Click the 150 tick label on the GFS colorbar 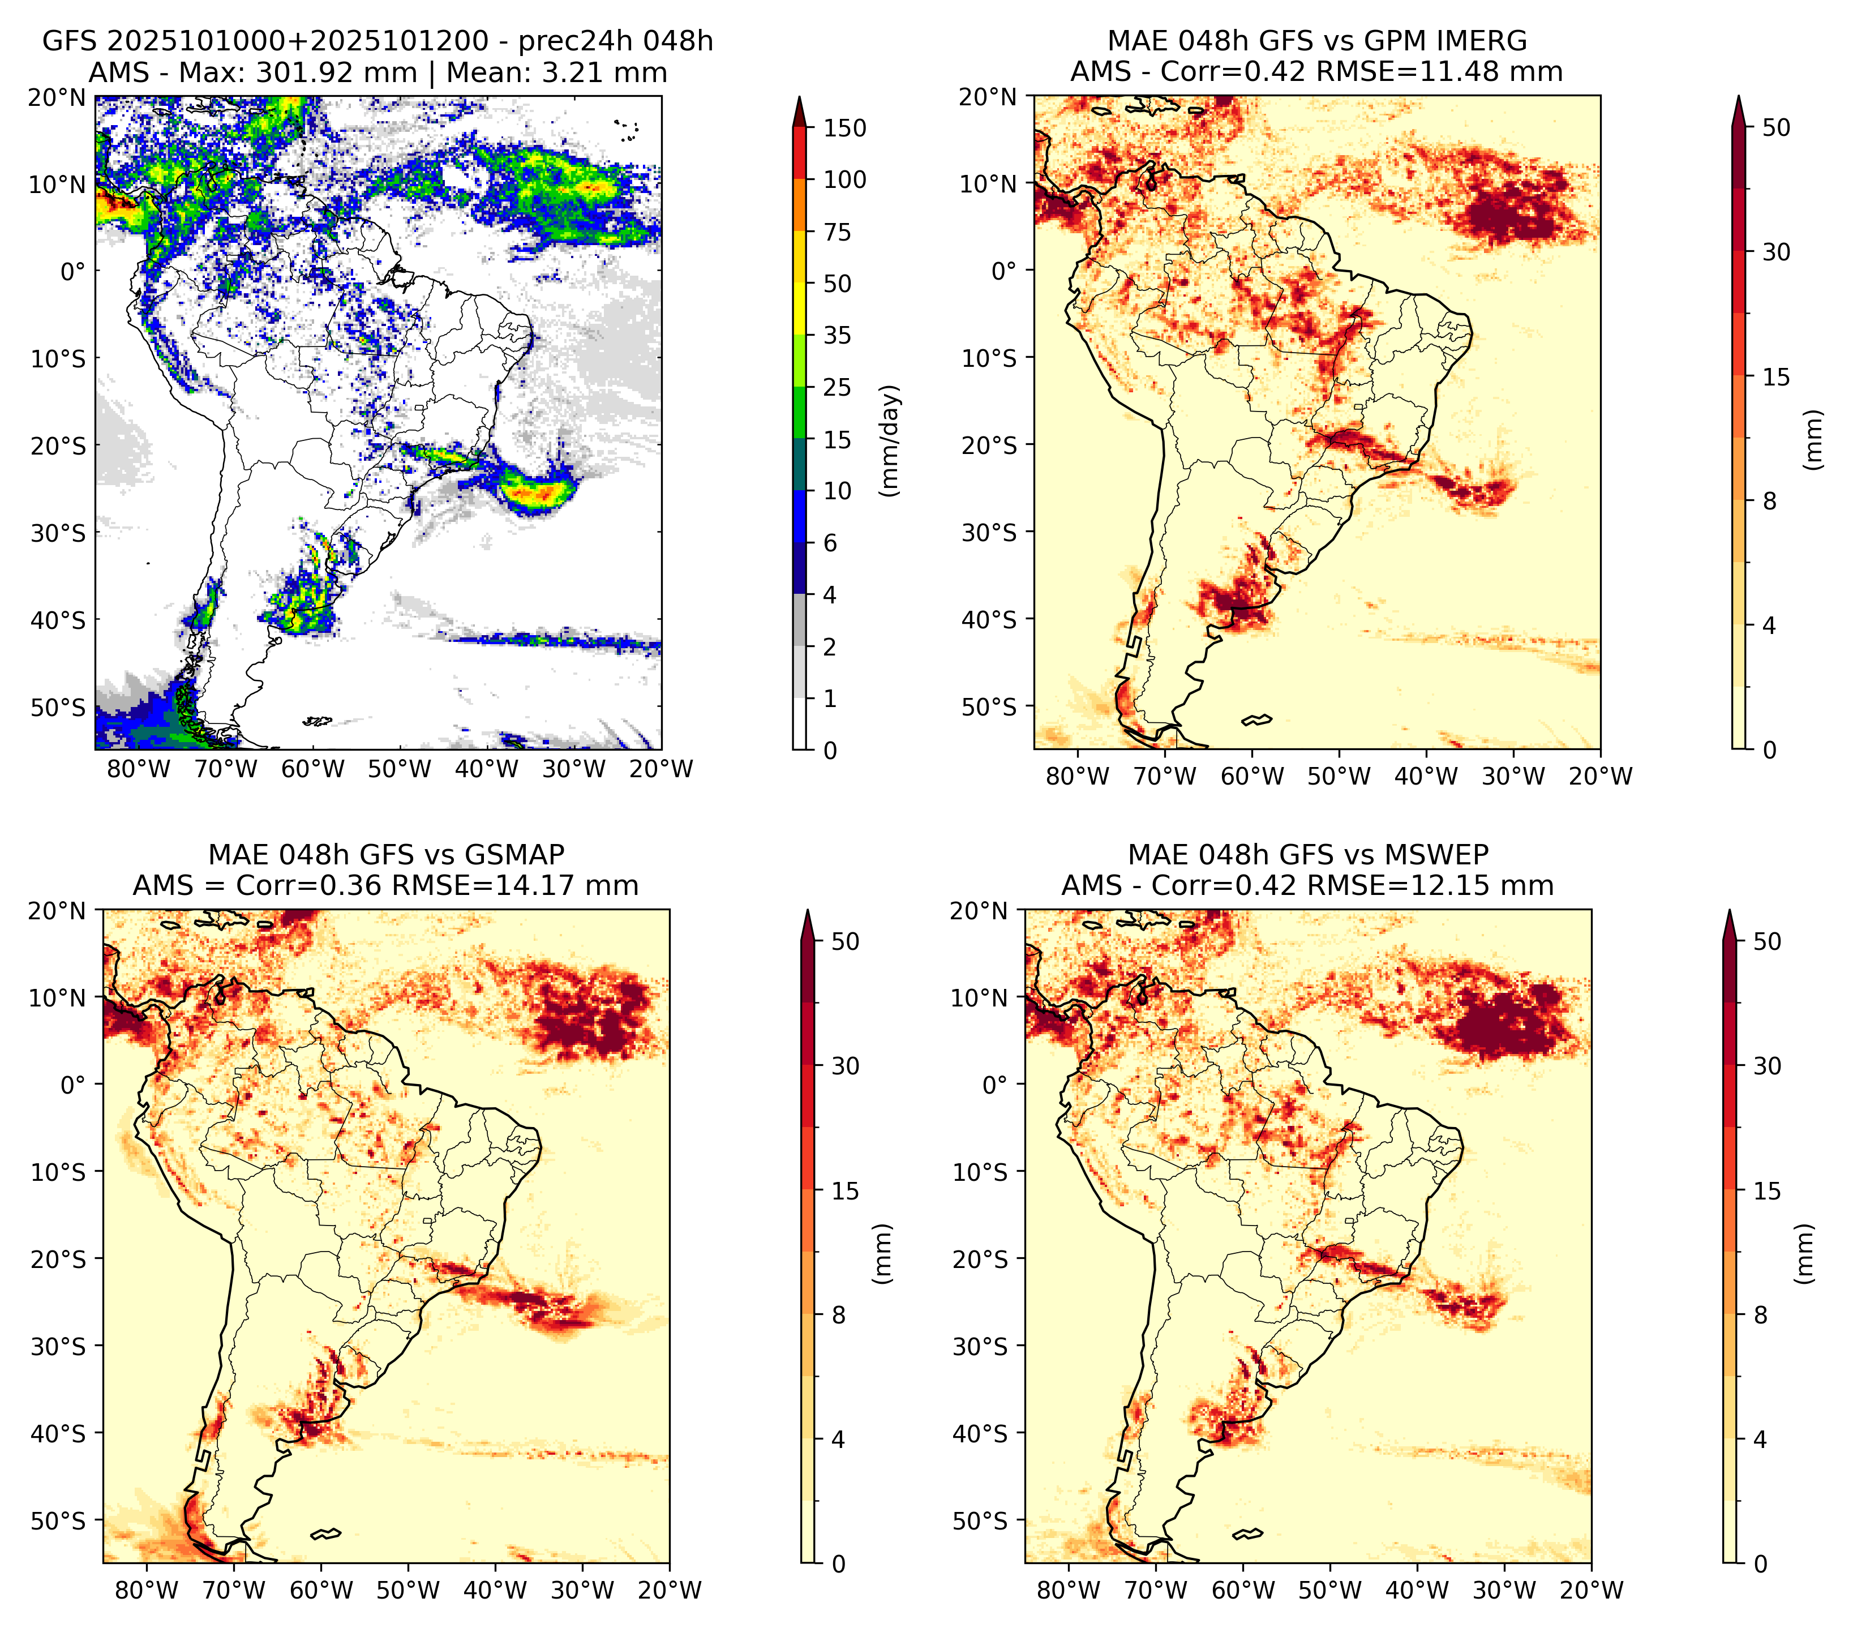tap(845, 128)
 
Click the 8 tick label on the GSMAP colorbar tap(839, 1316)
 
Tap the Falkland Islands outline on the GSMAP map tap(325, 1533)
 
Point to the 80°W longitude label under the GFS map tap(139, 769)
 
